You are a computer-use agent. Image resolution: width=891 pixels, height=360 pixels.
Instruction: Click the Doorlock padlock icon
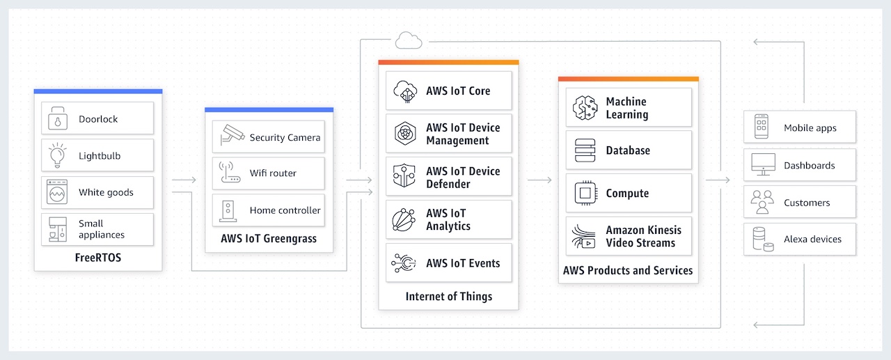(x=57, y=118)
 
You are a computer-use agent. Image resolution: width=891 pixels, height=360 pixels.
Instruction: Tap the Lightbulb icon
(x=57, y=155)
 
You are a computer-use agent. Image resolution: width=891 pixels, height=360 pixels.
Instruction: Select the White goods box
(x=97, y=192)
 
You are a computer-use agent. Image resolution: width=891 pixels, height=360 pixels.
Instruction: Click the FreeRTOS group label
(x=98, y=258)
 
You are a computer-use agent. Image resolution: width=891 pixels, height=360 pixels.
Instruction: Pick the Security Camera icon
(x=232, y=135)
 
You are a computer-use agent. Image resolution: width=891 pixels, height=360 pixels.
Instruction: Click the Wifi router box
(x=269, y=173)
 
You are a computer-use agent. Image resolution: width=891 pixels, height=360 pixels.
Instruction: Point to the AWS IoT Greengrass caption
(x=269, y=239)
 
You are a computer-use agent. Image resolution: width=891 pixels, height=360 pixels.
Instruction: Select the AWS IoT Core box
(x=449, y=91)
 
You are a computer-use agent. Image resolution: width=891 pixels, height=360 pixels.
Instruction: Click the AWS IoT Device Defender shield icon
(x=404, y=175)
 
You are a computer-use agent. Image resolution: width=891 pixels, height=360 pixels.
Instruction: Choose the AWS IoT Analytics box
(x=449, y=219)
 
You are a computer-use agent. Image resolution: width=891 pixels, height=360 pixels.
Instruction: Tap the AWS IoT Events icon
(x=404, y=263)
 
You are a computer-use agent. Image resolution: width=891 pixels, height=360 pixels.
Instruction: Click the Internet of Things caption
(x=449, y=297)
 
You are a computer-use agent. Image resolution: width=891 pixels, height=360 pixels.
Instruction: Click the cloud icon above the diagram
(x=409, y=40)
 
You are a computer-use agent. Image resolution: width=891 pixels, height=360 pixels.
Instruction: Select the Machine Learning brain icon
(x=585, y=107)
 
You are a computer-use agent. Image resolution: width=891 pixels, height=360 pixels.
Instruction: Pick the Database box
(x=629, y=150)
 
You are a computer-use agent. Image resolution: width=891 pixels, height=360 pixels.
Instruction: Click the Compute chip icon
(x=585, y=194)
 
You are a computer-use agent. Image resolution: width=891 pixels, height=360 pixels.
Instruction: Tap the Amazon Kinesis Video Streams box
(x=629, y=236)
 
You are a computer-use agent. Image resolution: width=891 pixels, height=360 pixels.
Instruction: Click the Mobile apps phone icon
(x=762, y=127)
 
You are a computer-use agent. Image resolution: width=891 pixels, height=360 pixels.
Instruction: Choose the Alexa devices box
(x=800, y=239)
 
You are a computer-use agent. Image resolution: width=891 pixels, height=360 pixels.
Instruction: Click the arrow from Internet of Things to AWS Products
(x=539, y=180)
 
